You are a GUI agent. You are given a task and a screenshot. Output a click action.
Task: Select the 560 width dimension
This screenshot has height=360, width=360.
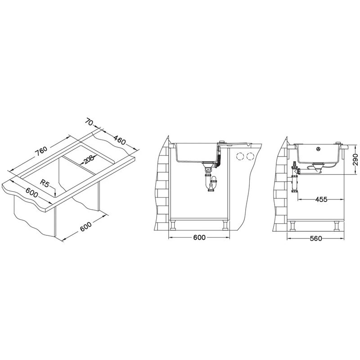click(x=316, y=238)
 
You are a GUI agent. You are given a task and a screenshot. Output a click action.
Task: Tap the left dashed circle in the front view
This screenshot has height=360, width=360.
click(x=239, y=156)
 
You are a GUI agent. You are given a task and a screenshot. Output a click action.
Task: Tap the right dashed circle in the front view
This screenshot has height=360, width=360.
click(x=250, y=156)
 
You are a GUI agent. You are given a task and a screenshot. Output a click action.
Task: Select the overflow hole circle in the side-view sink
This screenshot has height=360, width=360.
click(x=318, y=149)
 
